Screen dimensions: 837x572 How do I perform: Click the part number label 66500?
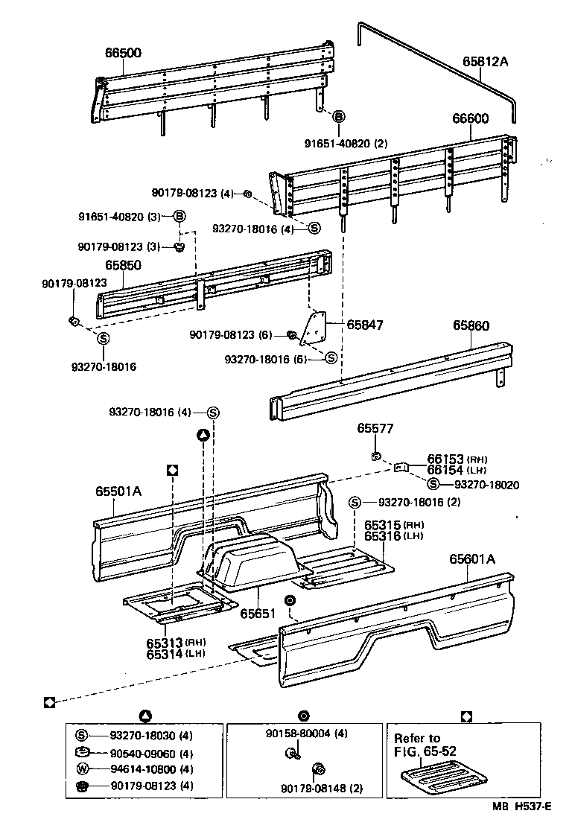[123, 53]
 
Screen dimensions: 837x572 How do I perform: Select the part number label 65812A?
[485, 62]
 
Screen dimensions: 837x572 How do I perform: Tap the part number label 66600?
[470, 118]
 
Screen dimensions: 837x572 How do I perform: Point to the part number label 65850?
[123, 265]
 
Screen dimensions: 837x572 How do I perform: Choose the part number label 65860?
[471, 325]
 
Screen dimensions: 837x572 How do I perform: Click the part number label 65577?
[375, 428]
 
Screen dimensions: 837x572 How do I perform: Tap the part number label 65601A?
[471, 558]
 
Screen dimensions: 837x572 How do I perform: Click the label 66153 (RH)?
[446, 459]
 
